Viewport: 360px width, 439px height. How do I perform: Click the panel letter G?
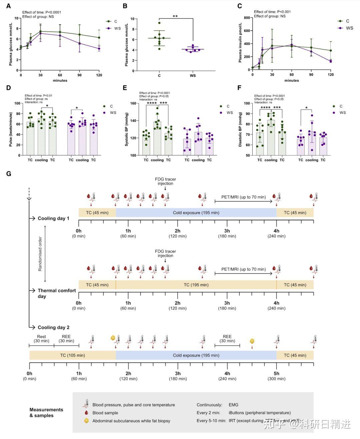(9, 174)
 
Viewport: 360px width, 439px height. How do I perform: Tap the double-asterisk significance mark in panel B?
(175, 16)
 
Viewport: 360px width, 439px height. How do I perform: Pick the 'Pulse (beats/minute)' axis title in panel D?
(11, 129)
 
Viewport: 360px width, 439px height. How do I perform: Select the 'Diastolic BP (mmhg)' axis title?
(240, 129)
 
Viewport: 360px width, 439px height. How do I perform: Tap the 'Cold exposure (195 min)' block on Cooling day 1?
(196, 213)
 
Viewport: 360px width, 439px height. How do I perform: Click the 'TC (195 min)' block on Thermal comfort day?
(196, 285)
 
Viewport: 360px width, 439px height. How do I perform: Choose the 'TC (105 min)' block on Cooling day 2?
(72, 355)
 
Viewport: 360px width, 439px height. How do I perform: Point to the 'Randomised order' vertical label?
(40, 254)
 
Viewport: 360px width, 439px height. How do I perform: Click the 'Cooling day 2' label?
(53, 327)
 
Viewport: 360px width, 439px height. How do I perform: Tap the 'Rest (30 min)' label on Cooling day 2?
(41, 339)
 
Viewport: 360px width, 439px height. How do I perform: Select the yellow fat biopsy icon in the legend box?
(86, 421)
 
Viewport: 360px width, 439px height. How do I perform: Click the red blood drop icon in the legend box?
(86, 413)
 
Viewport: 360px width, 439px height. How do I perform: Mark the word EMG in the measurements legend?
(233, 405)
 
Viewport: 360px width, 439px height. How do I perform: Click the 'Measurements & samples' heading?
(46, 412)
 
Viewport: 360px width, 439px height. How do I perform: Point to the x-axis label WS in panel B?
(193, 76)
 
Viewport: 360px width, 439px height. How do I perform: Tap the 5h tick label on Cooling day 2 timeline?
(276, 373)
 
